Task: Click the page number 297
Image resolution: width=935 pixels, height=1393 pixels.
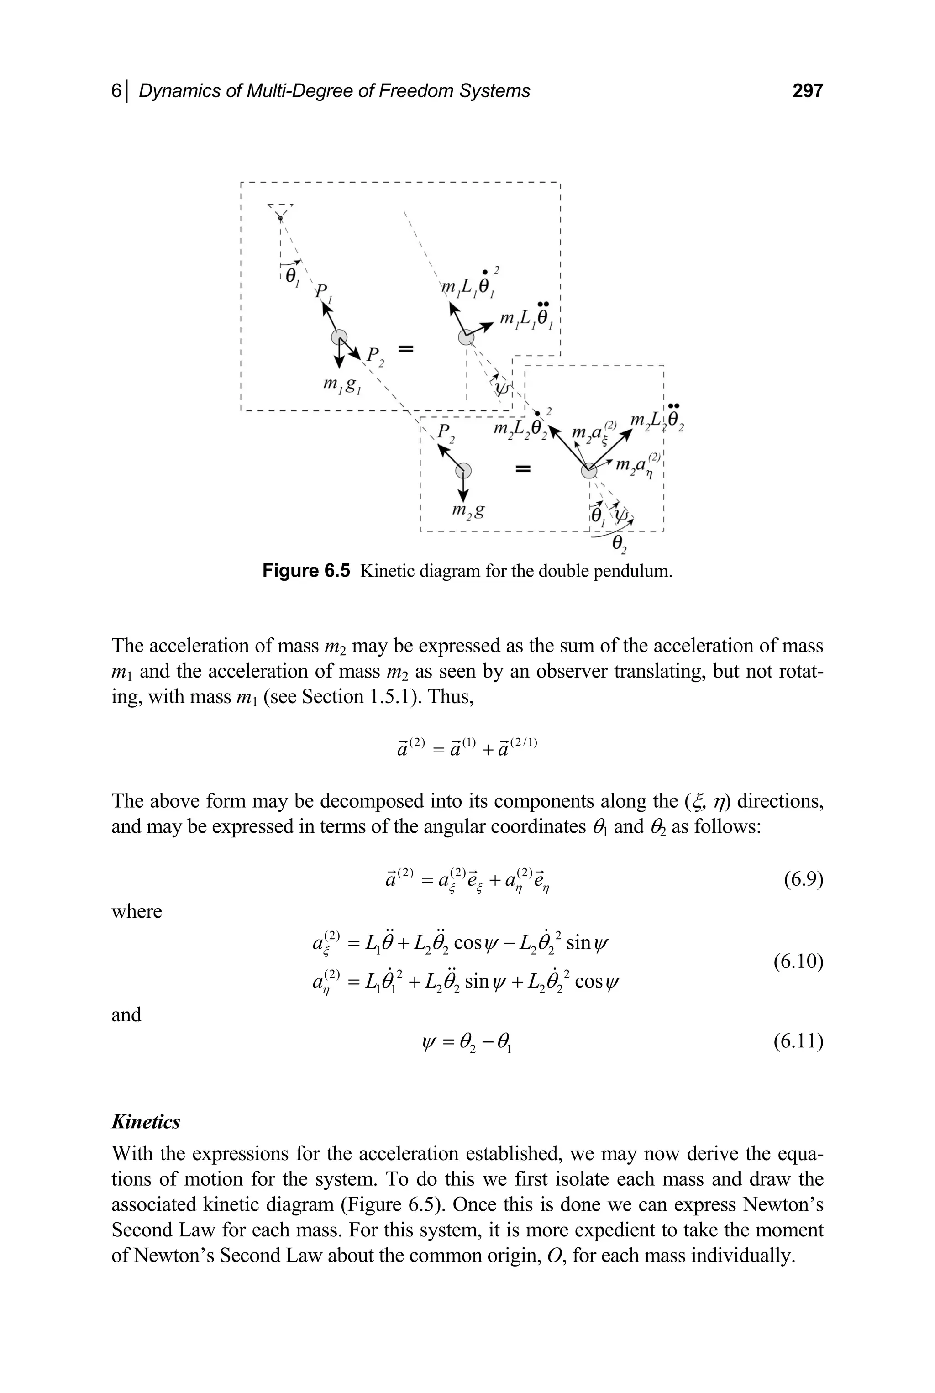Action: (807, 91)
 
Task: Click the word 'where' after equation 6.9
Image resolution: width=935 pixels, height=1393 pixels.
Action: (137, 911)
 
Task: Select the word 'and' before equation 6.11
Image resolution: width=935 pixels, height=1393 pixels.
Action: (126, 1015)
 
